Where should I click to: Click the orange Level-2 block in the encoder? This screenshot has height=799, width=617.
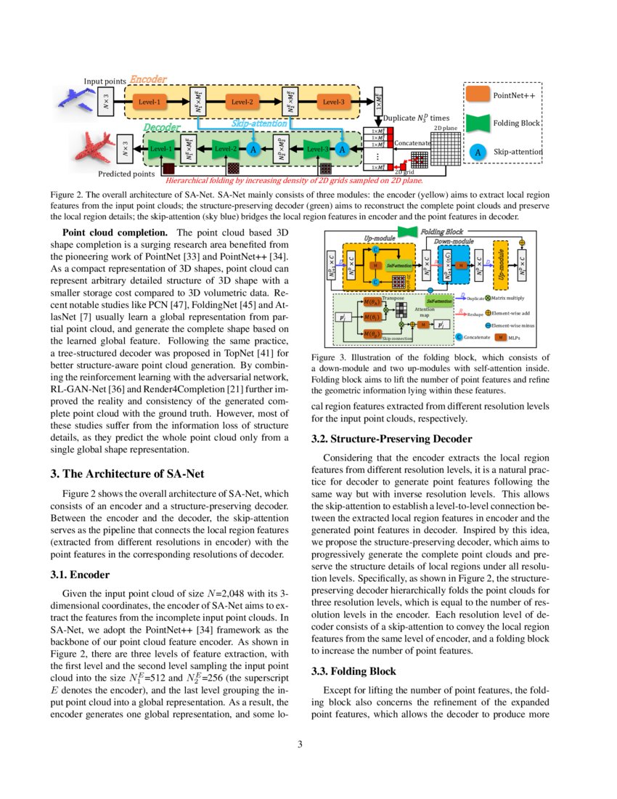point(242,103)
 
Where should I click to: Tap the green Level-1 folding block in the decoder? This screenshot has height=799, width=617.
point(160,150)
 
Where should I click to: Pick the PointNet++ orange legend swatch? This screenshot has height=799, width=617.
point(478,95)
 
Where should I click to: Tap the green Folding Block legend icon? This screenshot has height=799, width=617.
point(478,123)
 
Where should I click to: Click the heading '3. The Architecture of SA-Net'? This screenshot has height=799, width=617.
point(127,474)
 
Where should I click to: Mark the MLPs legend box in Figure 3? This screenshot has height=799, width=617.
point(500,337)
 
